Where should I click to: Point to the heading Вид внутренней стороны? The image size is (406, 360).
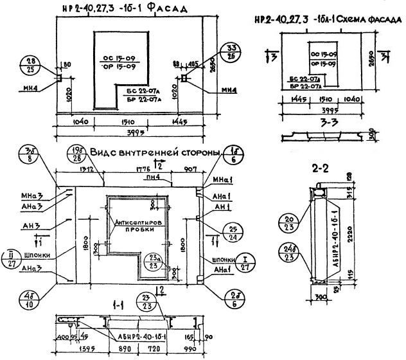click(x=154, y=153)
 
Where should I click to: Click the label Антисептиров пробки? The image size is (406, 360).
click(x=137, y=225)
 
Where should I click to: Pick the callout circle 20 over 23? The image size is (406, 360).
click(x=287, y=223)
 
